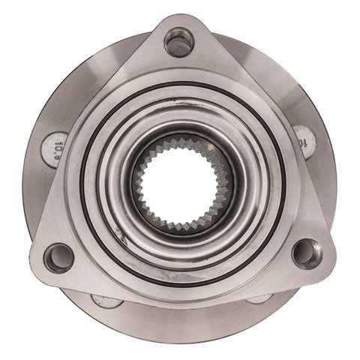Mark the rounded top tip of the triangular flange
tap(178, 18)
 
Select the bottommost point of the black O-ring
tap(181, 286)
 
